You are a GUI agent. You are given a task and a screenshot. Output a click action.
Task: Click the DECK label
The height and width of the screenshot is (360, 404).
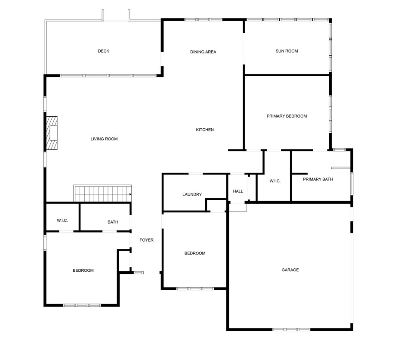(103, 51)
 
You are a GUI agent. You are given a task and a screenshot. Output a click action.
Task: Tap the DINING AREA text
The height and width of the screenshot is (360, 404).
(203, 52)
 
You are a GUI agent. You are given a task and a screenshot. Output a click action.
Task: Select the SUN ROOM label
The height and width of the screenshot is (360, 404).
(287, 51)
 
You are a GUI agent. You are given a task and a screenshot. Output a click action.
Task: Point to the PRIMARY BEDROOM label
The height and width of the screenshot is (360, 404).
(287, 116)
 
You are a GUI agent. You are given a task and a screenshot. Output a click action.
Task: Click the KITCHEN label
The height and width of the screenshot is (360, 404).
(205, 130)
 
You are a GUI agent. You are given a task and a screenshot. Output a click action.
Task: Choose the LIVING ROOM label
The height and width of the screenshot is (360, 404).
(104, 139)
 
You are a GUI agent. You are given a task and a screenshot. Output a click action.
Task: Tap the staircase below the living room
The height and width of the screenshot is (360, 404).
(102, 194)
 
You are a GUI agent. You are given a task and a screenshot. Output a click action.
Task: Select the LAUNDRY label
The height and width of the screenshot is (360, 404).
(192, 195)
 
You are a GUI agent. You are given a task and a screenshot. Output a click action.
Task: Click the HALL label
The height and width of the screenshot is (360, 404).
(238, 191)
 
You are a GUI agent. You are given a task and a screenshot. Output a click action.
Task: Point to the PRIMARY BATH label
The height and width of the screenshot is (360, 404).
(318, 180)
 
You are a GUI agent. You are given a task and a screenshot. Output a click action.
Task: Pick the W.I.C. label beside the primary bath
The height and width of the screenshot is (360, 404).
(275, 181)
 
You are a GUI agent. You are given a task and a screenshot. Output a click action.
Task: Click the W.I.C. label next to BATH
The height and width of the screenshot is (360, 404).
(62, 220)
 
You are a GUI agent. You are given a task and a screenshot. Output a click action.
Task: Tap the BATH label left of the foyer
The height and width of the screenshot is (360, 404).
(113, 222)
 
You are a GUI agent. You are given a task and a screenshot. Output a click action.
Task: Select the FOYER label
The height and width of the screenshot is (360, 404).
(146, 240)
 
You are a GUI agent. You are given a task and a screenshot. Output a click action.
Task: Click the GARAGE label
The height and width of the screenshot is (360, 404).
(290, 270)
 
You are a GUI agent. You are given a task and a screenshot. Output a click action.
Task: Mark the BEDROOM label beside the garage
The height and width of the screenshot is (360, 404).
(195, 254)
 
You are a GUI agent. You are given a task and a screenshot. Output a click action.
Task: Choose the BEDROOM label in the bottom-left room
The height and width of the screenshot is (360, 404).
(83, 270)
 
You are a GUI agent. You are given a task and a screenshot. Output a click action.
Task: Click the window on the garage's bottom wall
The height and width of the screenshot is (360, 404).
(291, 329)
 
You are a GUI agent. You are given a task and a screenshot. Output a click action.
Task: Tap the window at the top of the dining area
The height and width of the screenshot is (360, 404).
(203, 20)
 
